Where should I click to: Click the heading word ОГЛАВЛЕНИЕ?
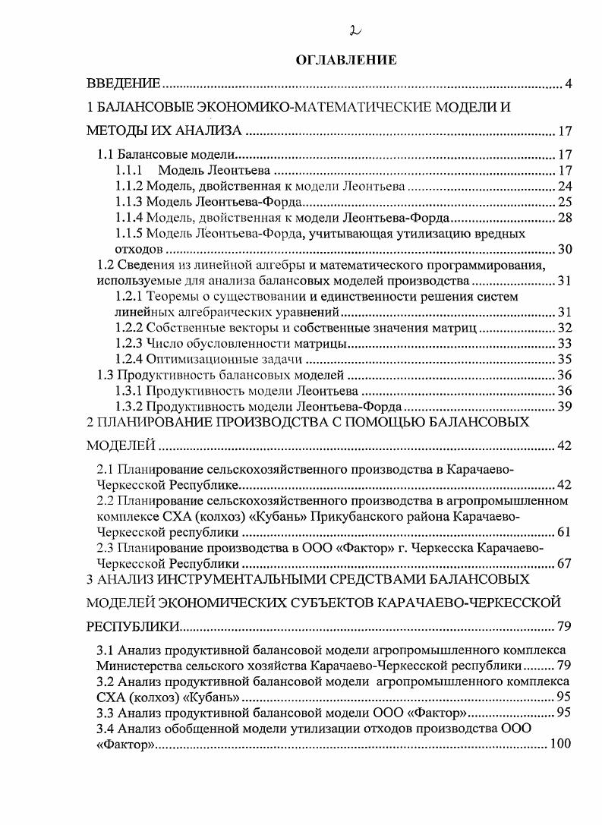click(x=346, y=58)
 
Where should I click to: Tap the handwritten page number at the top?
click(x=354, y=30)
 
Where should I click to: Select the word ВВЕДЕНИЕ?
click(x=121, y=83)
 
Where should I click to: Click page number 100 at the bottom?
click(x=560, y=745)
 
